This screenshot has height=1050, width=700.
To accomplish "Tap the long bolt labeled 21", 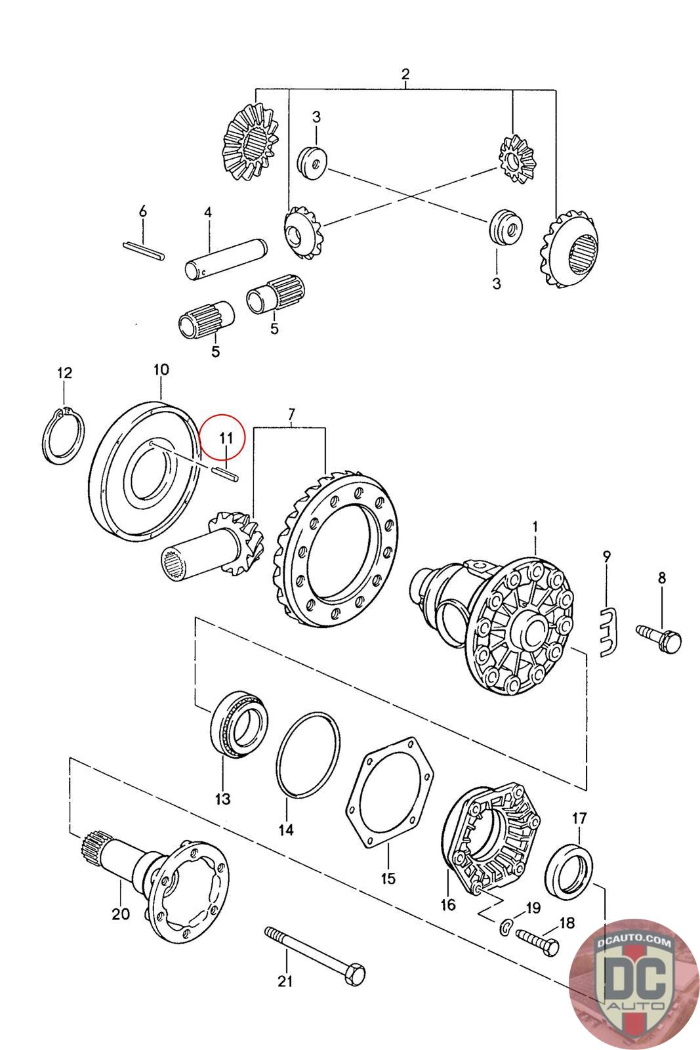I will [315, 952].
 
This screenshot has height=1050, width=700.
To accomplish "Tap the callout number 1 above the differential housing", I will [535, 526].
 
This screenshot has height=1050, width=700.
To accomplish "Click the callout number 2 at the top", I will [405, 73].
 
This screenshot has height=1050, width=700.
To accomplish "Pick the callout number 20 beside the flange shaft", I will [121, 913].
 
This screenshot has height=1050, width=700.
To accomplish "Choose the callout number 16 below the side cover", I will [448, 905].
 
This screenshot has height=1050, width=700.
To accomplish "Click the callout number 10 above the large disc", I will [161, 369].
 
